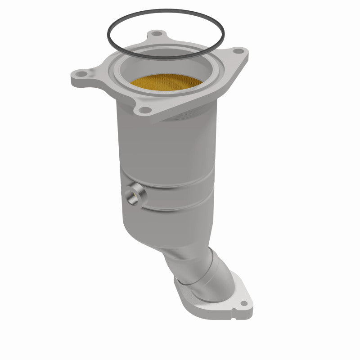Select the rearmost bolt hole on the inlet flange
pos(156,33)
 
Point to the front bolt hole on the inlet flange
pos(144,109)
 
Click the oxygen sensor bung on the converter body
pos(134,195)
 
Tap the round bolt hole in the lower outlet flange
pos(243,303)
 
